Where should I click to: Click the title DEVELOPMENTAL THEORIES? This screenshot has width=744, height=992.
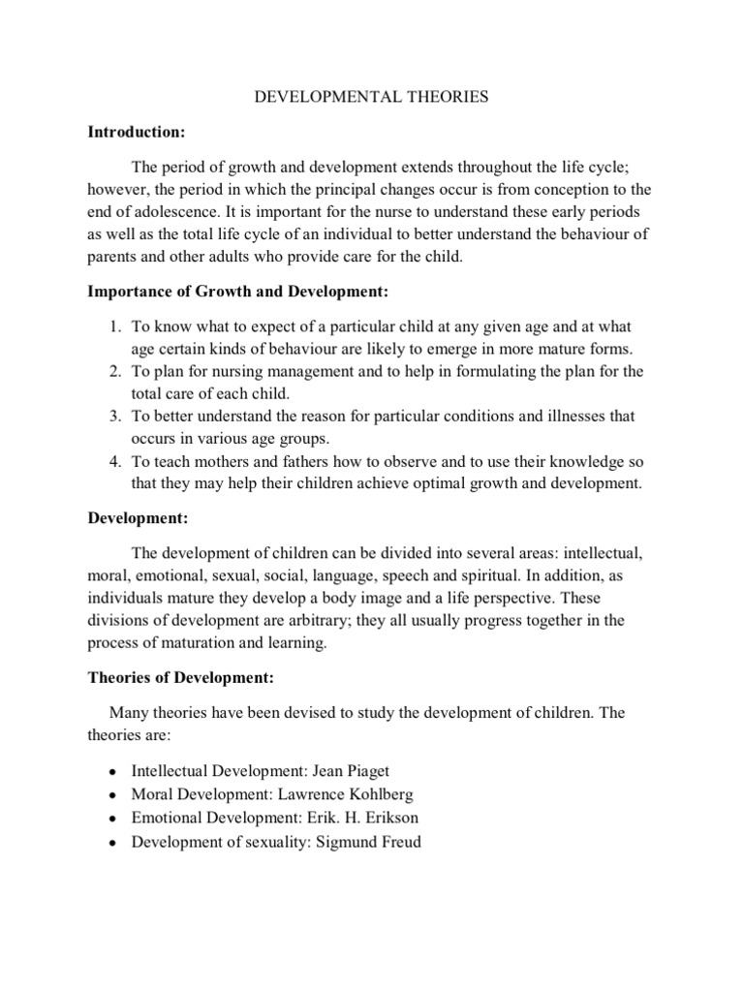[x=371, y=98]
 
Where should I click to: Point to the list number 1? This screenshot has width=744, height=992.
[x=112, y=327]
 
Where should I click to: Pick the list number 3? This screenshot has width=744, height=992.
[x=112, y=417]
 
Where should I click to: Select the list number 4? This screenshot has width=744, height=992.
[x=112, y=461]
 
